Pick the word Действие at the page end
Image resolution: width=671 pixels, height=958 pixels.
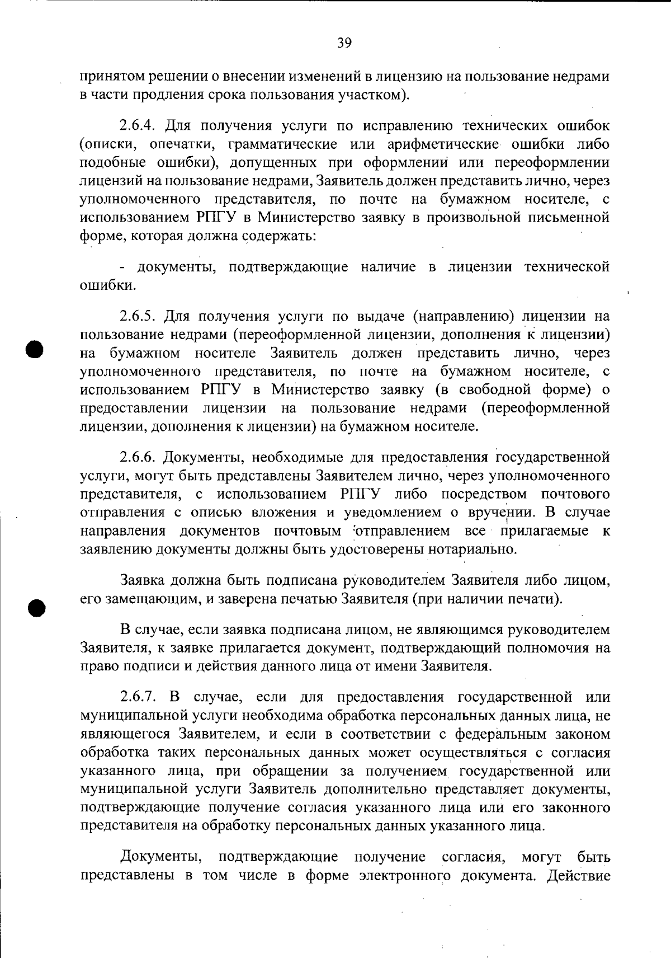[579, 875]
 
